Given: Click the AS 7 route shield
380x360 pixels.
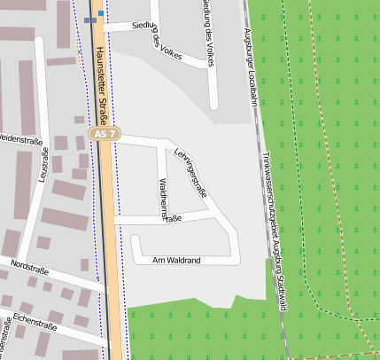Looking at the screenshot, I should pos(104,134).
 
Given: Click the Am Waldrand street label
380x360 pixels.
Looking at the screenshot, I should pos(177,260).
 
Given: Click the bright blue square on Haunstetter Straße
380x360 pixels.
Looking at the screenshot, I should pos(101,14).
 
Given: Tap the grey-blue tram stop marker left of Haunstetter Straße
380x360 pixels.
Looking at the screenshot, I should pos(89,19).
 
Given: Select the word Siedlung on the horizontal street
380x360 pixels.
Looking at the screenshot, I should pos(145,27).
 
